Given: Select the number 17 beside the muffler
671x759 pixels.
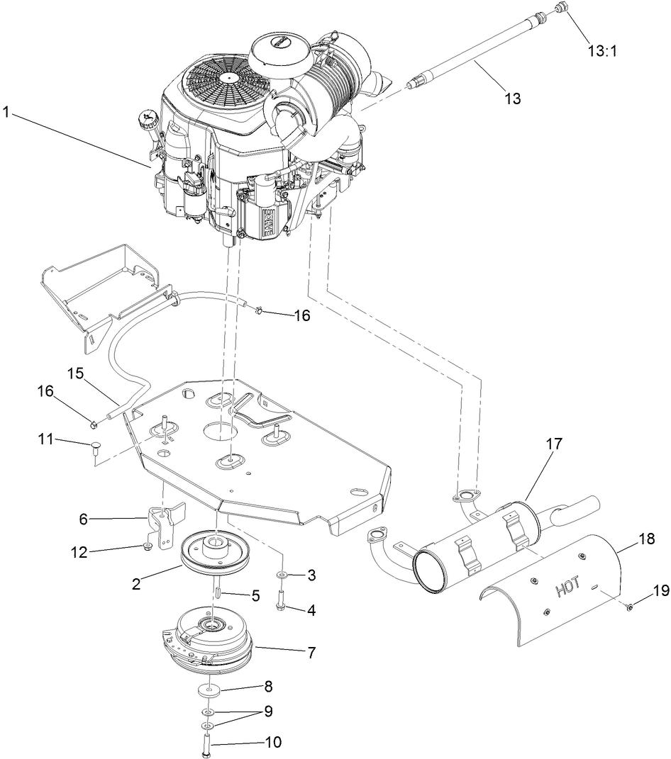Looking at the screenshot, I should (x=554, y=444).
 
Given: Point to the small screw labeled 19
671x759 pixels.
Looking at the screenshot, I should (x=630, y=607).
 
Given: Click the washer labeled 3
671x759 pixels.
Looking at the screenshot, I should (x=282, y=574).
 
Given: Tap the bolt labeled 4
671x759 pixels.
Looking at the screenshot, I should (x=280, y=609).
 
